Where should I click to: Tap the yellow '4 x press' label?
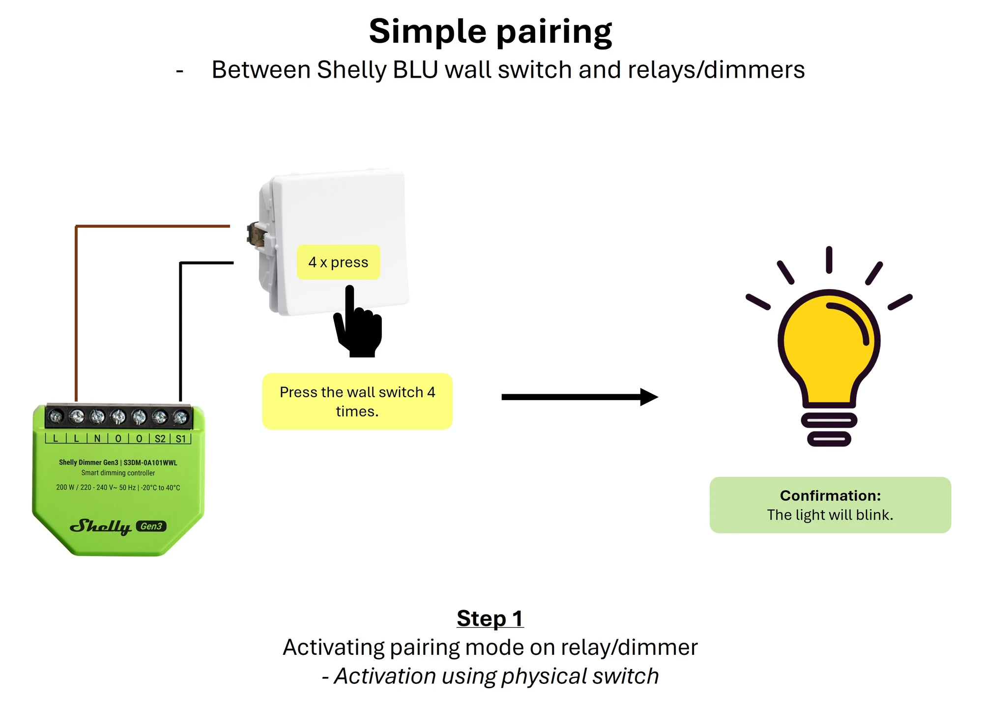tap(338, 262)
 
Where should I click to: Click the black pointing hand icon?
tap(357, 322)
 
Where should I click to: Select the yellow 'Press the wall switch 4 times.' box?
tap(357, 401)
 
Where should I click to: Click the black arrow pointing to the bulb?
tap(579, 397)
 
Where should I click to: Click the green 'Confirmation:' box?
tap(830, 505)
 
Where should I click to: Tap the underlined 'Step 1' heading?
tap(490, 618)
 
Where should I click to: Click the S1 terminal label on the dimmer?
tap(181, 439)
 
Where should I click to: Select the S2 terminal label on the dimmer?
tap(160, 439)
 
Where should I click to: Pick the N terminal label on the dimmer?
tap(97, 438)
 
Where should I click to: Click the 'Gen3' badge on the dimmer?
tap(151, 526)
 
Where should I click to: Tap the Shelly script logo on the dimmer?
tap(101, 527)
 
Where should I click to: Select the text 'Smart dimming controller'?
tap(118, 473)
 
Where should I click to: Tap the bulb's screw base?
tap(829, 428)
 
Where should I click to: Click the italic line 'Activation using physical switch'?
tap(496, 677)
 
